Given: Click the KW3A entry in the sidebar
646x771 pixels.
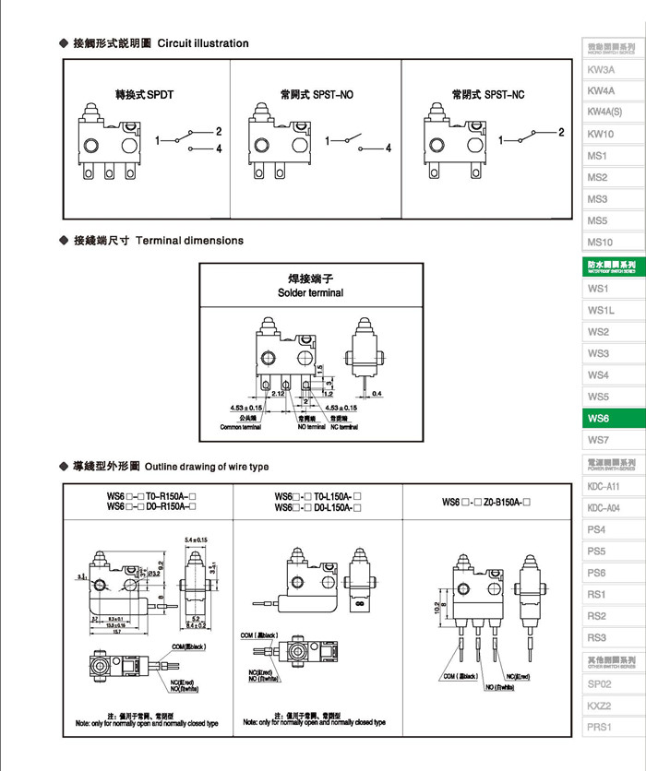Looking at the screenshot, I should (x=601, y=70).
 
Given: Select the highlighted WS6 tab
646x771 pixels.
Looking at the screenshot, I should (x=599, y=419).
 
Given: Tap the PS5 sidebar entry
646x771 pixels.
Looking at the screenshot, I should (x=597, y=552).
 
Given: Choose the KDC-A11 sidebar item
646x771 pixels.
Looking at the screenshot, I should (x=604, y=486).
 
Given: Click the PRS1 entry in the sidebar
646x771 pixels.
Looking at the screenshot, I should (x=599, y=728).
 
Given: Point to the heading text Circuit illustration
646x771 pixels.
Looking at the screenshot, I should (x=203, y=43).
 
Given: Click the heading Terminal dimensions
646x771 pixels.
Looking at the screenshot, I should (x=189, y=241).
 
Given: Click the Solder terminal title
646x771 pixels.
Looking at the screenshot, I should (x=310, y=293).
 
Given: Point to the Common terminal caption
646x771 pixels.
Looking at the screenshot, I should (x=240, y=427).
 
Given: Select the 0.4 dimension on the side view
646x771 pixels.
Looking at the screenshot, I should (x=376, y=394).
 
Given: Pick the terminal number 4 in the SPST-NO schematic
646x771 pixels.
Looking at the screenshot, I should (x=389, y=148).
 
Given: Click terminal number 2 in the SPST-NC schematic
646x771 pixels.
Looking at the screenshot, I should (x=560, y=132).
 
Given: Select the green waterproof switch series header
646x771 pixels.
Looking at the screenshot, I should (x=612, y=267).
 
